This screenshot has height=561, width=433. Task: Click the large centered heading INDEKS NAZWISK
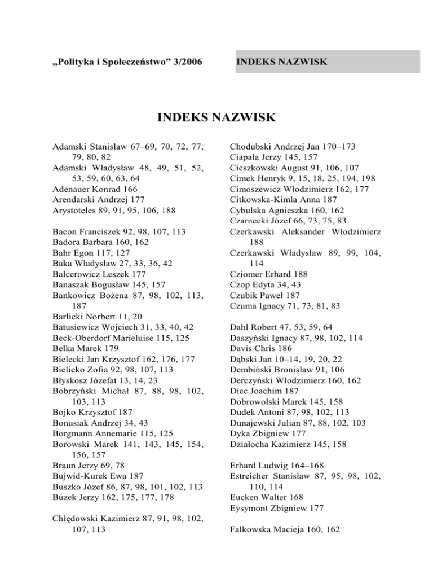216,118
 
